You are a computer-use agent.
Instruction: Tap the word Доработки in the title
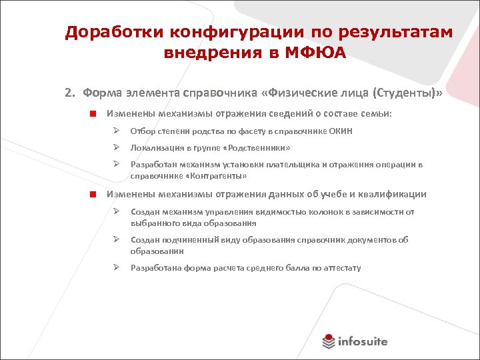[111, 33]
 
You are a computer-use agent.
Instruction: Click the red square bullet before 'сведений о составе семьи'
[95, 114]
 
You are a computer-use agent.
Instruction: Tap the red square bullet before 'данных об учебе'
[95, 195]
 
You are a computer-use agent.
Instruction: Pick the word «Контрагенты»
[216, 176]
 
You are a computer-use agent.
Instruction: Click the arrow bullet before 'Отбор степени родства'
[115, 131]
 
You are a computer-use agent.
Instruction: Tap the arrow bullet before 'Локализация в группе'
[115, 147]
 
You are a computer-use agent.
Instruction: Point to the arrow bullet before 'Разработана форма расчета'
[115, 268]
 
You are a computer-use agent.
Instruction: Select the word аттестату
[343, 268]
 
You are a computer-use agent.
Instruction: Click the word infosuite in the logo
[363, 342]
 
